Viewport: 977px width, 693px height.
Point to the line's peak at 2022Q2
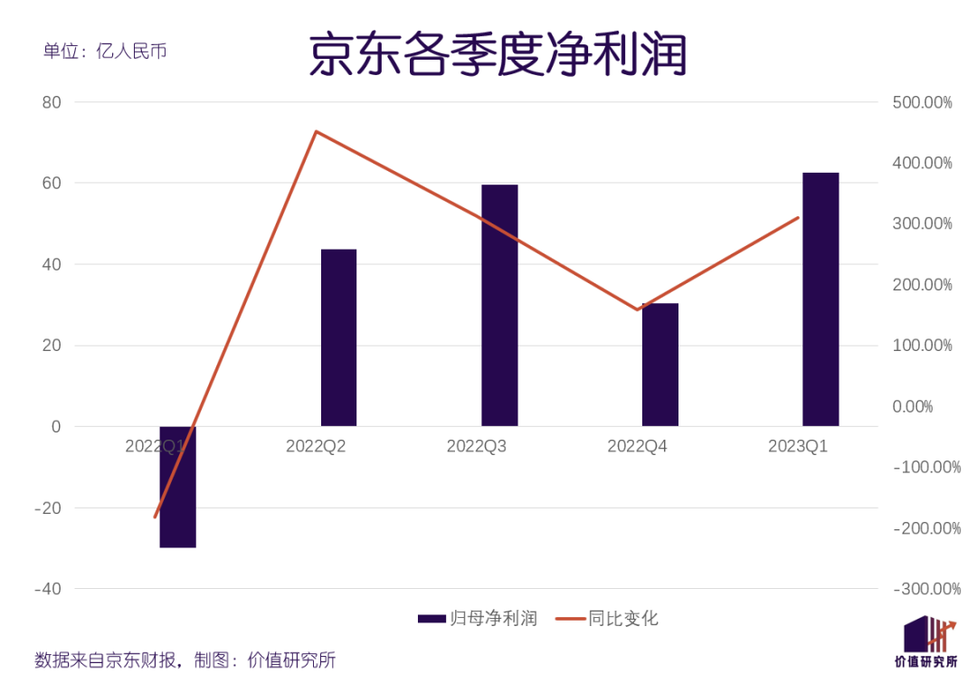(x=317, y=132)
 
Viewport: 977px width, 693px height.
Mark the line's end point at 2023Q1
(x=799, y=217)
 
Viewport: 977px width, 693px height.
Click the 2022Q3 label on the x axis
(x=477, y=446)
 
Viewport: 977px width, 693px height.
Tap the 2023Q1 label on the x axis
(x=798, y=446)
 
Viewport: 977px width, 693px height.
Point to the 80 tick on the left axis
(x=52, y=102)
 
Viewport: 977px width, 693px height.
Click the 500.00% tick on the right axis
(x=922, y=103)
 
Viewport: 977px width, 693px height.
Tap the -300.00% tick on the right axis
(x=925, y=589)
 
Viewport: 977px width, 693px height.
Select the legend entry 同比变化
(x=607, y=619)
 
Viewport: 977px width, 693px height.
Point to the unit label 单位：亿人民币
(x=105, y=51)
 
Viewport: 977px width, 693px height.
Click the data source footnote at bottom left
(x=185, y=660)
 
